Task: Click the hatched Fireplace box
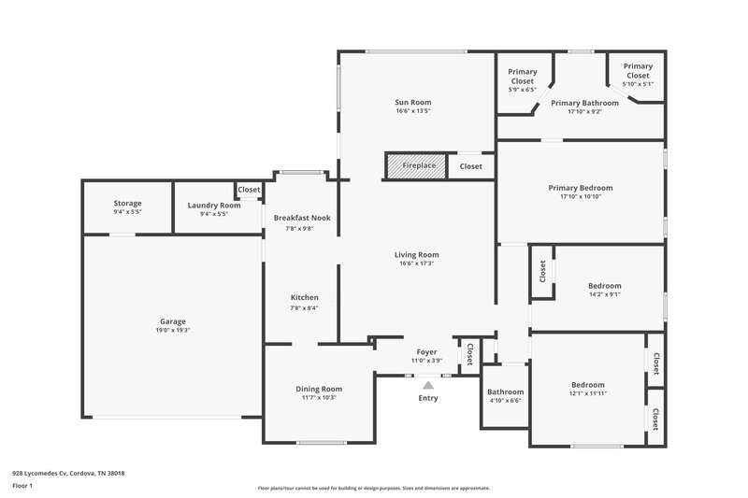[418, 165]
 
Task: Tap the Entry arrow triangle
[428, 384]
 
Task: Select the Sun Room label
[413, 102]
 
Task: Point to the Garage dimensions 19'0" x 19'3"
[173, 330]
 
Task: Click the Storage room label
[127, 203]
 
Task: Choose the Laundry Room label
[214, 205]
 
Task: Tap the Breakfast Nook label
[301, 218]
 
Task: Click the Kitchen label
[304, 298]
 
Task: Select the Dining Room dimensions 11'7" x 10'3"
[319, 397]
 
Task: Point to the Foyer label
[426, 352]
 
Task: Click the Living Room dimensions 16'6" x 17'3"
[416, 263]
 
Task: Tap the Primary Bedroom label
[580, 188]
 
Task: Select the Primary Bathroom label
[584, 103]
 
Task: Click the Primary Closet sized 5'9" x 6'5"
[522, 81]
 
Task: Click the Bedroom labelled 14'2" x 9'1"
[604, 286]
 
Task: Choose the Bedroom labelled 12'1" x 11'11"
[588, 385]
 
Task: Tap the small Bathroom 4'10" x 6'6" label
[505, 391]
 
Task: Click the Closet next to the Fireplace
[471, 166]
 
